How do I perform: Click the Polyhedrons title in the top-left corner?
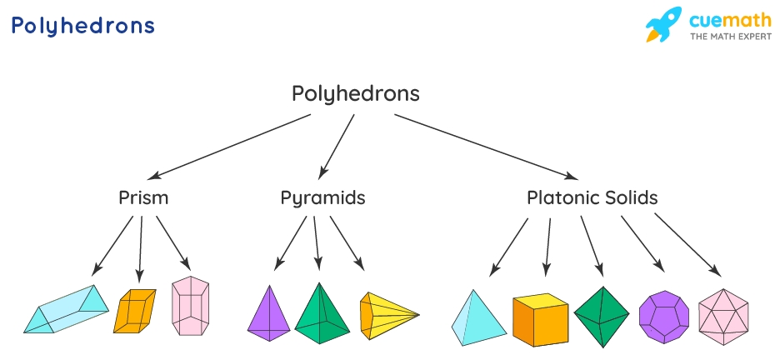(x=82, y=26)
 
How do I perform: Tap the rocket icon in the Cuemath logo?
(x=664, y=25)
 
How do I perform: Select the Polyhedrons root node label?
(x=356, y=93)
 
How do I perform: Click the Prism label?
(x=143, y=198)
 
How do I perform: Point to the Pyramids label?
(x=322, y=198)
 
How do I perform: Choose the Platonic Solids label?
(x=592, y=198)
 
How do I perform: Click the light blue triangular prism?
(x=66, y=310)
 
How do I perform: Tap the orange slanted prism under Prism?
(x=134, y=310)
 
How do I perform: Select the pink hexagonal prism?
(x=190, y=307)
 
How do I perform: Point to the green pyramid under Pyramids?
(x=322, y=315)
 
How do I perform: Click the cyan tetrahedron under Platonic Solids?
(x=477, y=319)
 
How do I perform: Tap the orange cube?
(x=539, y=320)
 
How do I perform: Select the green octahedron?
(x=601, y=317)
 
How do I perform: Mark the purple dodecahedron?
(x=663, y=317)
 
